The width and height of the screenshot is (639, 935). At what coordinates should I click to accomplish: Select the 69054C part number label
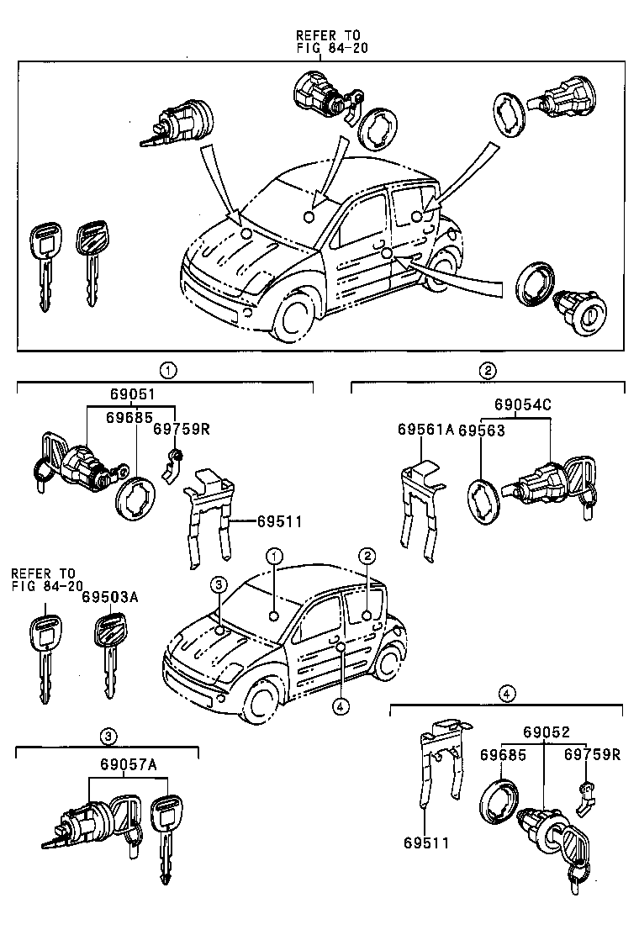coord(521,404)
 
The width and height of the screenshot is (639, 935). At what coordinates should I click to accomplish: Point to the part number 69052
coord(544,732)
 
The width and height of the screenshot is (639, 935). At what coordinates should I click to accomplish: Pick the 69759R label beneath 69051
coord(181,429)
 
